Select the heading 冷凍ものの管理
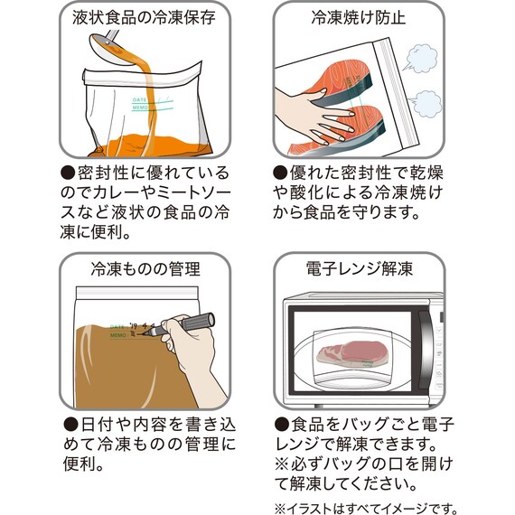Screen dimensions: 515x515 tap(145, 268)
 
